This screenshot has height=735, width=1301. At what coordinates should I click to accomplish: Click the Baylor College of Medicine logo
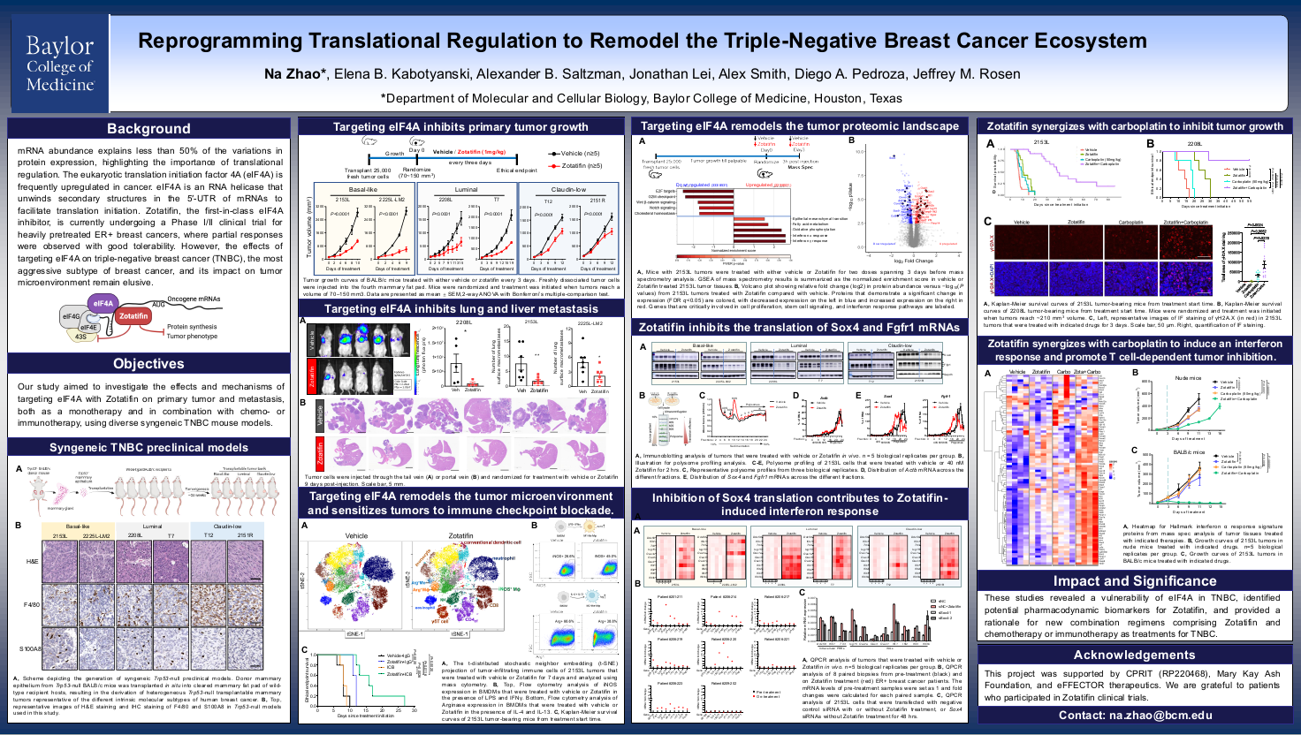pyautogui.click(x=59, y=64)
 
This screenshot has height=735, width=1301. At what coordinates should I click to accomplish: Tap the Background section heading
pyautogui.click(x=148, y=129)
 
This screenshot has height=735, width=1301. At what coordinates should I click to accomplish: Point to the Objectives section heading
pyautogui.click(x=148, y=364)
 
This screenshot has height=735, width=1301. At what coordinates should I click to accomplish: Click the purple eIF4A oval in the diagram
pyautogui.click(x=103, y=303)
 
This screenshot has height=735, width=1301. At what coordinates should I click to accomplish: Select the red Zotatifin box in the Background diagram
pyautogui.click(x=133, y=315)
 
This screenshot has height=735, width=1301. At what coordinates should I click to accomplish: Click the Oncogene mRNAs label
pyautogui.click(x=194, y=299)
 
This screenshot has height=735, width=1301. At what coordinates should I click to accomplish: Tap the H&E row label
pyautogui.click(x=32, y=561)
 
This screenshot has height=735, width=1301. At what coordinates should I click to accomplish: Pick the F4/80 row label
pyautogui.click(x=31, y=605)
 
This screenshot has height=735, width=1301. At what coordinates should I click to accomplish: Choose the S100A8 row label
pyautogui.click(x=30, y=648)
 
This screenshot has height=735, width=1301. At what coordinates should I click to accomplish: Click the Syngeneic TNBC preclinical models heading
pyautogui.click(x=148, y=448)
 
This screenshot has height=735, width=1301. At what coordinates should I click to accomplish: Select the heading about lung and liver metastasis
pyautogui.click(x=460, y=309)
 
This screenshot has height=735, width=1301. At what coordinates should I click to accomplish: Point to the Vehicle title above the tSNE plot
pyautogui.click(x=356, y=535)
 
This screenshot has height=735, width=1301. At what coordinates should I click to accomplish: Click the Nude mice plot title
pyautogui.click(x=1189, y=378)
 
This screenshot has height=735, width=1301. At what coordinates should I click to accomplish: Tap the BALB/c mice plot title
pyautogui.click(x=1189, y=452)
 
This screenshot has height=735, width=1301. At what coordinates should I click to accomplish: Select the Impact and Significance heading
pyautogui.click(x=1134, y=581)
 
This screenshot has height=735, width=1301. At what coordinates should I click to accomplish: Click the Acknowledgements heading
pyautogui.click(x=1134, y=655)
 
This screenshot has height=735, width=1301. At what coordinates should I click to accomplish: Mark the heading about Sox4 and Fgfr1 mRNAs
pyautogui.click(x=799, y=328)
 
